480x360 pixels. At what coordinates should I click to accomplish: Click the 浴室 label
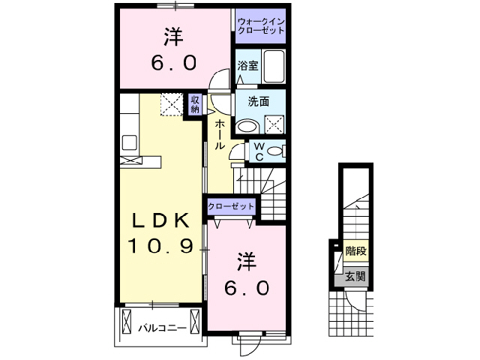248,65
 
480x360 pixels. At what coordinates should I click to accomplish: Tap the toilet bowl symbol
275,151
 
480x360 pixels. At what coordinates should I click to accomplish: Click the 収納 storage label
194,104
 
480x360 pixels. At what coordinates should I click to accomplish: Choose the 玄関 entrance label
355,276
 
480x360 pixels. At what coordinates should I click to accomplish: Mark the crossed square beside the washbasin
273,125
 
